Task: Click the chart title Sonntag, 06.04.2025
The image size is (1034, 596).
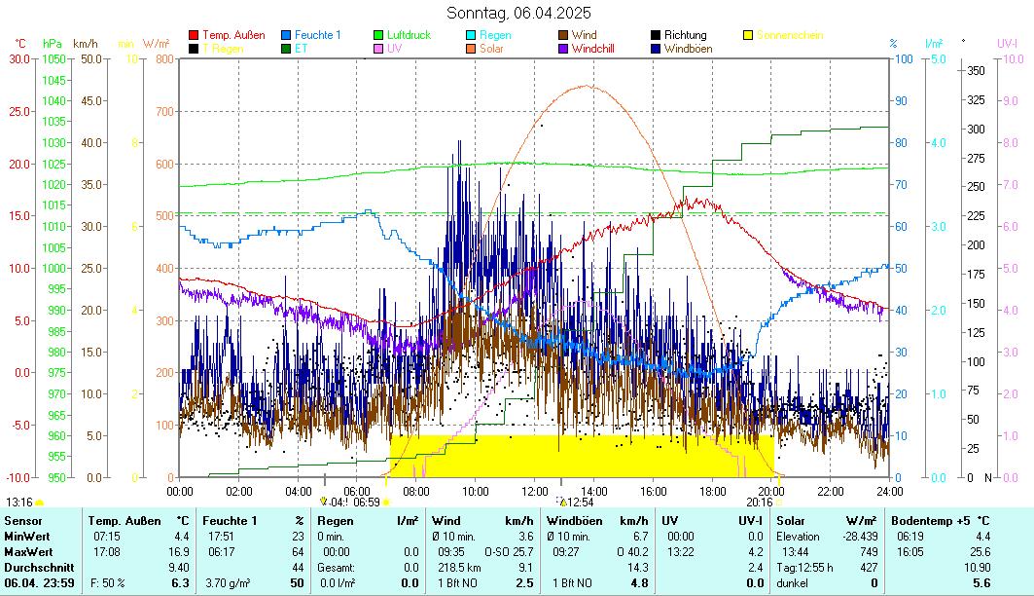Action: coord(517,14)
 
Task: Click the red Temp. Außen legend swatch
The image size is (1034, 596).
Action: coord(194,36)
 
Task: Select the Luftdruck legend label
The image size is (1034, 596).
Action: coord(409,36)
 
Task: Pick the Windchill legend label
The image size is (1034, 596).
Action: coord(599,49)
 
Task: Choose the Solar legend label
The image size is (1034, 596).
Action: coord(491,49)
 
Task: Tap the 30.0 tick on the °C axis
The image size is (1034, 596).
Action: coord(19,58)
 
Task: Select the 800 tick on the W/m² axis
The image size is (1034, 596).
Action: coord(162,58)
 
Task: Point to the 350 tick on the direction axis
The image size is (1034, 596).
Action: coord(976,71)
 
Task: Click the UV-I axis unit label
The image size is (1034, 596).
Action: coord(1007,44)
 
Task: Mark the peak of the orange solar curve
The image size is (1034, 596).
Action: coord(587,86)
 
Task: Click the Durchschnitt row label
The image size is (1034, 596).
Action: coord(34,567)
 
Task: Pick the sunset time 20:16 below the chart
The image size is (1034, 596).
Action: coord(759,503)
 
